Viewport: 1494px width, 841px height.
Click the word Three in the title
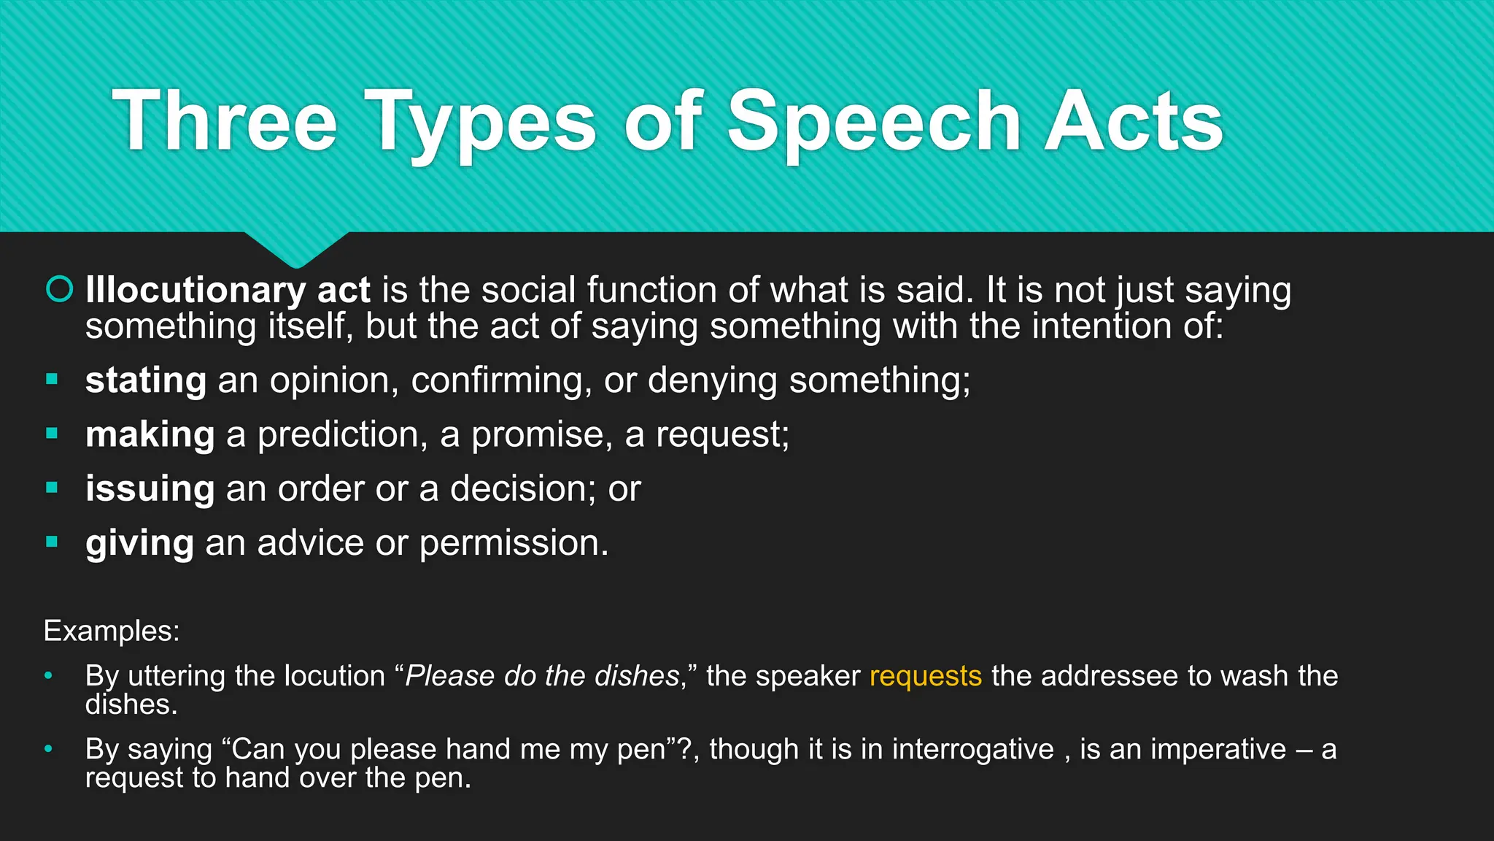click(225, 121)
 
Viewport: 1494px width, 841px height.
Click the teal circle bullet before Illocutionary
click(60, 290)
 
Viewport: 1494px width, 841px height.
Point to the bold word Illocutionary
click(195, 290)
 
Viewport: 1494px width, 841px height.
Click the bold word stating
click(146, 380)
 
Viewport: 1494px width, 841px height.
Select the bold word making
click(150, 434)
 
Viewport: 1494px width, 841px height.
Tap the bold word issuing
click(150, 488)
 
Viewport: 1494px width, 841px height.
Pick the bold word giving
click(139, 543)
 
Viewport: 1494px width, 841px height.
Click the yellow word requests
click(925, 676)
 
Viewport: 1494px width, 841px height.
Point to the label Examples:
click(112, 631)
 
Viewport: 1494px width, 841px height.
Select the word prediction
click(338, 434)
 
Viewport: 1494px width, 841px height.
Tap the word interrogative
click(972, 749)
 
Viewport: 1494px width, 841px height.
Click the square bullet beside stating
click(52, 379)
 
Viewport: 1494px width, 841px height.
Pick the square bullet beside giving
click(52, 542)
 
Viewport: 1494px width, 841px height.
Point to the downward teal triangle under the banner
click(296, 248)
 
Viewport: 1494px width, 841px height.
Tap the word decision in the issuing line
click(517, 488)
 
